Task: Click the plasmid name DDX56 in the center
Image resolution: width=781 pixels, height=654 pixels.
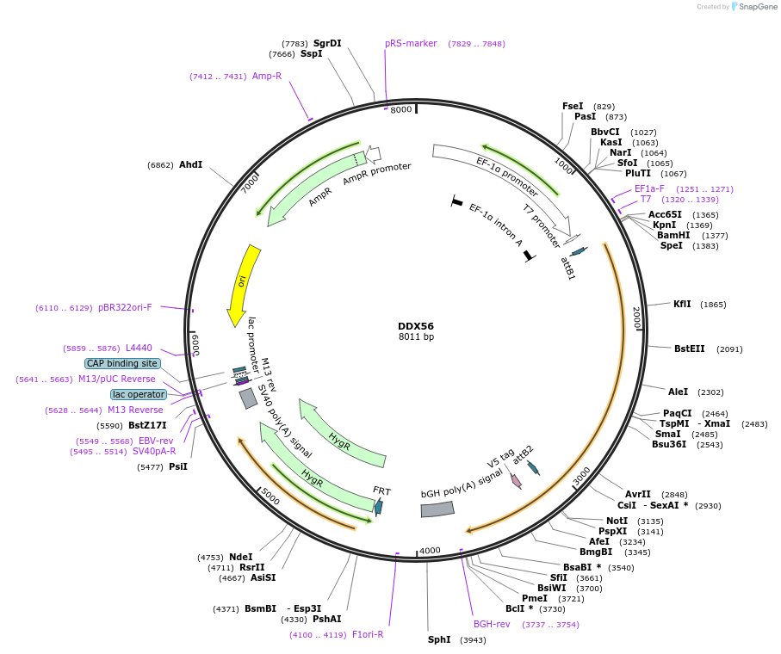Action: coord(416,326)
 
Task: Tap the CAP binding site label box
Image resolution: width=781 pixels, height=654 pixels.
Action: coord(121,363)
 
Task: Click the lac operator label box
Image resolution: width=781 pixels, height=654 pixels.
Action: coord(138,394)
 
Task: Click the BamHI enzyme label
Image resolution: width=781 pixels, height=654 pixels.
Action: coord(673,235)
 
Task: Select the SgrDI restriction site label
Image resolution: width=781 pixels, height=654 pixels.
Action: coord(327,43)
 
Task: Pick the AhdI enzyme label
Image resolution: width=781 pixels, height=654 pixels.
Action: coord(190,164)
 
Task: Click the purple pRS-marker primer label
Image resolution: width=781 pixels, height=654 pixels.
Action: coord(411,43)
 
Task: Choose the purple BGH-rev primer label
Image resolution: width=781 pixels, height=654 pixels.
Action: coord(492,624)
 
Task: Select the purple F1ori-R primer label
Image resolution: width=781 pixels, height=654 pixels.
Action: coord(368,634)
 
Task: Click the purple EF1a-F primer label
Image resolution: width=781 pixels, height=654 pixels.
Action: coord(649,188)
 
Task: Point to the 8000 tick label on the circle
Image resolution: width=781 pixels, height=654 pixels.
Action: coord(401,110)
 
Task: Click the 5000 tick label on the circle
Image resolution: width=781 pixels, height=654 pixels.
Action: coord(270,497)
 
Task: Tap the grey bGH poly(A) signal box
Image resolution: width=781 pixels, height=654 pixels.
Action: coord(437,509)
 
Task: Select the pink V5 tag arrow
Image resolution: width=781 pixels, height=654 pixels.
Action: coord(516,481)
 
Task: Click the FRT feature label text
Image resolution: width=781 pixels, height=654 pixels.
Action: coord(381,490)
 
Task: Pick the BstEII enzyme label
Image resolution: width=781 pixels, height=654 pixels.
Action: coord(690,349)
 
